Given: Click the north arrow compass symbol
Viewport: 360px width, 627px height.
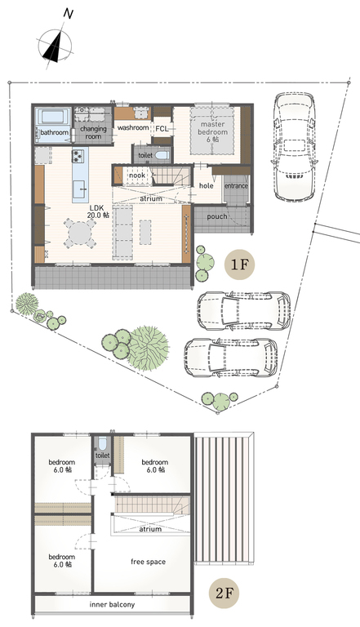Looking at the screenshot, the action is point(56,43).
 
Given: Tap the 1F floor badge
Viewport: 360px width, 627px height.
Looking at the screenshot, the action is point(239,265).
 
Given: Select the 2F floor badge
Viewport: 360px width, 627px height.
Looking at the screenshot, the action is point(224,593).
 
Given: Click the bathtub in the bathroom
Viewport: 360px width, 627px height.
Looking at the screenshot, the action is point(52,118).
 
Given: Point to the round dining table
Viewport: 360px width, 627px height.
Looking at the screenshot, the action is point(80,233).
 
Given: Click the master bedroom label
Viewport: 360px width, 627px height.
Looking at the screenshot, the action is point(214,131).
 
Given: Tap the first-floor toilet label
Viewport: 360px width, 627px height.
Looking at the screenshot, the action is point(145,155).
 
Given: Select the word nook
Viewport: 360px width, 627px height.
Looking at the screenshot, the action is point(137,176).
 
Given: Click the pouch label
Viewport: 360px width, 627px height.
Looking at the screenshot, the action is point(217,216).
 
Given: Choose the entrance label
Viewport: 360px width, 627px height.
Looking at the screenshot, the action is point(236,186).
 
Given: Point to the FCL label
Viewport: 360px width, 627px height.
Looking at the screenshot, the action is point(162,129).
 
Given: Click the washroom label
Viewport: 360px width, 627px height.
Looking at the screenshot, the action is point(133,127).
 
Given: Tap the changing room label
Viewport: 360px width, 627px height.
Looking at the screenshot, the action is point(93,132).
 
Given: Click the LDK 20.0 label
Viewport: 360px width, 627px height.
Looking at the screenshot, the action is point(98,211).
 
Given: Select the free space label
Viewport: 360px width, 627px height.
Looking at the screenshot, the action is point(148,562).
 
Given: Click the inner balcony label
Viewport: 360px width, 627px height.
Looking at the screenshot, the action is point(112,605).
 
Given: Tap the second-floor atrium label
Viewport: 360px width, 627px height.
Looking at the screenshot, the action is point(150,529).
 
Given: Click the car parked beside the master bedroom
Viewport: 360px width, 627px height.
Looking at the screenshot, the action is point(296,147).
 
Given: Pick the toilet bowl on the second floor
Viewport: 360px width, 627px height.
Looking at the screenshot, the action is point(102,445).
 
